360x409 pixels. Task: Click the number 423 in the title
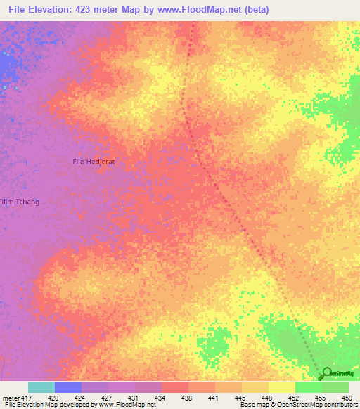[99, 9]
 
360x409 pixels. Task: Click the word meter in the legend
[11, 397]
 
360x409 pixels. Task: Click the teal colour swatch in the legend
[41, 387]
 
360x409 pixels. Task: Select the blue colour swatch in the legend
[67, 387]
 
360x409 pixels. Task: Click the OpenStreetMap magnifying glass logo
[326, 373]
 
